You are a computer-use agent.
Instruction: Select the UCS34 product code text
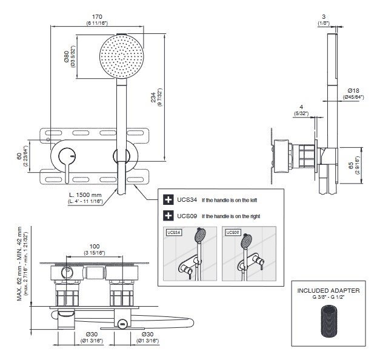(187, 199)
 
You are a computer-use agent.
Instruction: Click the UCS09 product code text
(187, 215)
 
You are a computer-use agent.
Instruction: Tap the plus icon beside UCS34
(168, 199)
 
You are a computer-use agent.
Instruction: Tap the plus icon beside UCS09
(168, 215)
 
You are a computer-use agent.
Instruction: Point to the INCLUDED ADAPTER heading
(329, 291)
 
